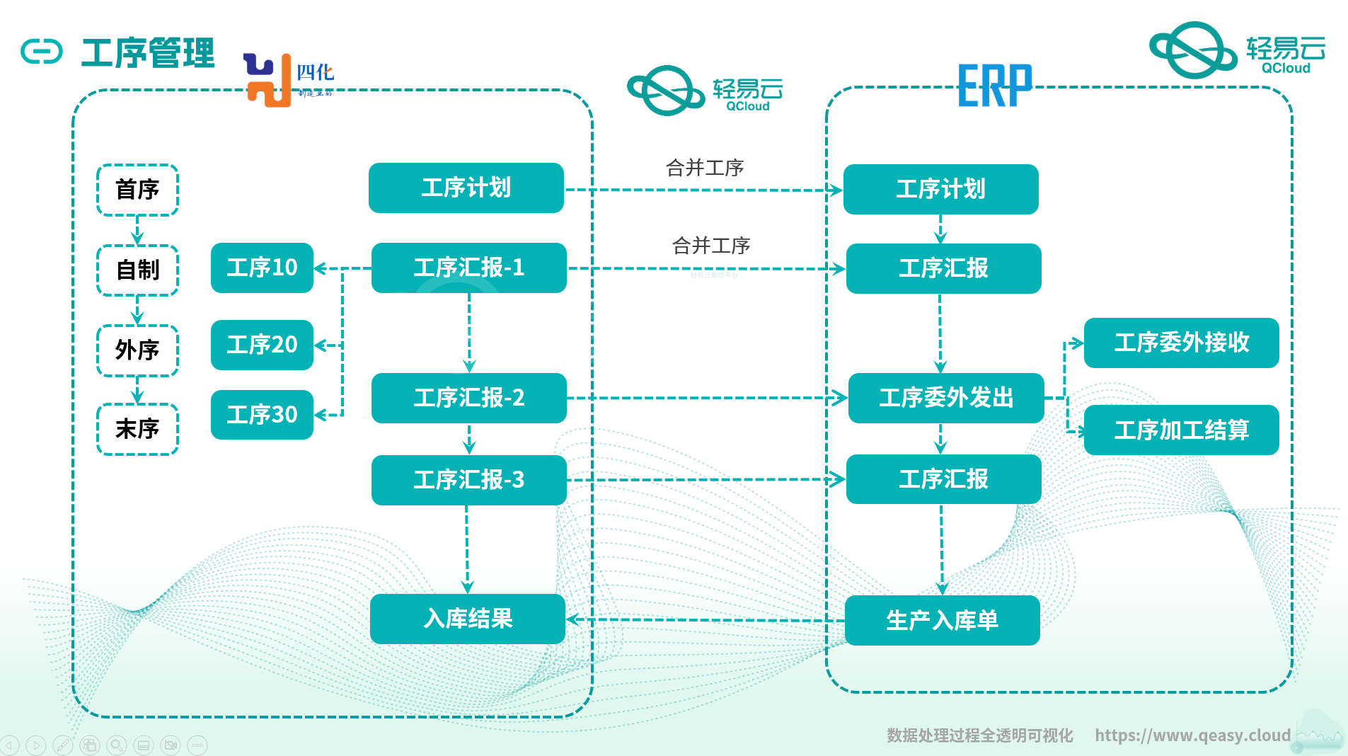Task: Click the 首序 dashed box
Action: coord(137,190)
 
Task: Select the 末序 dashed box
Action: coord(137,429)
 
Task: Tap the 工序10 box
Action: coord(262,268)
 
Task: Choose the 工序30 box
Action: coord(262,415)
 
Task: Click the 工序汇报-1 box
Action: coord(468,268)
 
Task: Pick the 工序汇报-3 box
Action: coord(468,480)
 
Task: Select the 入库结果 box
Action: coord(467,619)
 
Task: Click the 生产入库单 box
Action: coord(942,621)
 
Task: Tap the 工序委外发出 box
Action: coord(945,398)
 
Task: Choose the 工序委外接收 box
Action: coord(1181,343)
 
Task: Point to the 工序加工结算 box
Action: coord(1181,430)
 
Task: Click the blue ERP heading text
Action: coord(994,86)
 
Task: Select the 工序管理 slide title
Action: coord(147,53)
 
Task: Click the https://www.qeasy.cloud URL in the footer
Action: coord(1192,735)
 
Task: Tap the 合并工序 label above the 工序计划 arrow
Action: coord(704,168)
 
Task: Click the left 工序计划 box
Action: coord(466,188)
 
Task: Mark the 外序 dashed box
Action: coord(137,350)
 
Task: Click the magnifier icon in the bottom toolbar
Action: coord(117,745)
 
